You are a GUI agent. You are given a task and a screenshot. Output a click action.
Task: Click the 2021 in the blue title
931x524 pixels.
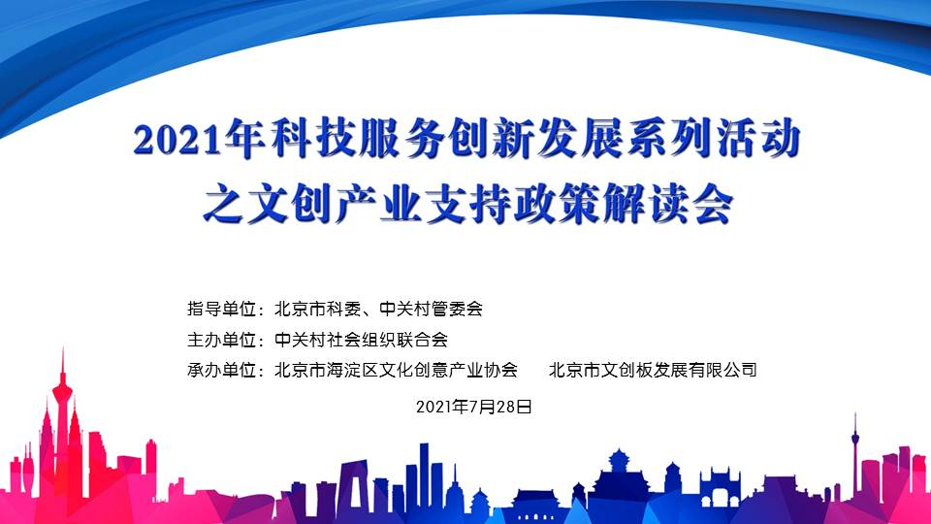tap(177, 140)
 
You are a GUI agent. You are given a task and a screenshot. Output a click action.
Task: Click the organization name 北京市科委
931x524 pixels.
tap(318, 309)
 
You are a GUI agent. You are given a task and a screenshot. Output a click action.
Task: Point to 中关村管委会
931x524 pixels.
tap(431, 309)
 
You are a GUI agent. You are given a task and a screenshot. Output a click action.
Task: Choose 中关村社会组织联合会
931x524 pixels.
tap(361, 340)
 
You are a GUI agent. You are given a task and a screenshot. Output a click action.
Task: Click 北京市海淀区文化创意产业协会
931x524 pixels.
tap(396, 370)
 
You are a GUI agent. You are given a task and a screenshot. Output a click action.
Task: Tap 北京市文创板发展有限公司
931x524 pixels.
tap(653, 370)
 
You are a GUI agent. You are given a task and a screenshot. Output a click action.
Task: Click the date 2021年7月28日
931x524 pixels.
tap(474, 407)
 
